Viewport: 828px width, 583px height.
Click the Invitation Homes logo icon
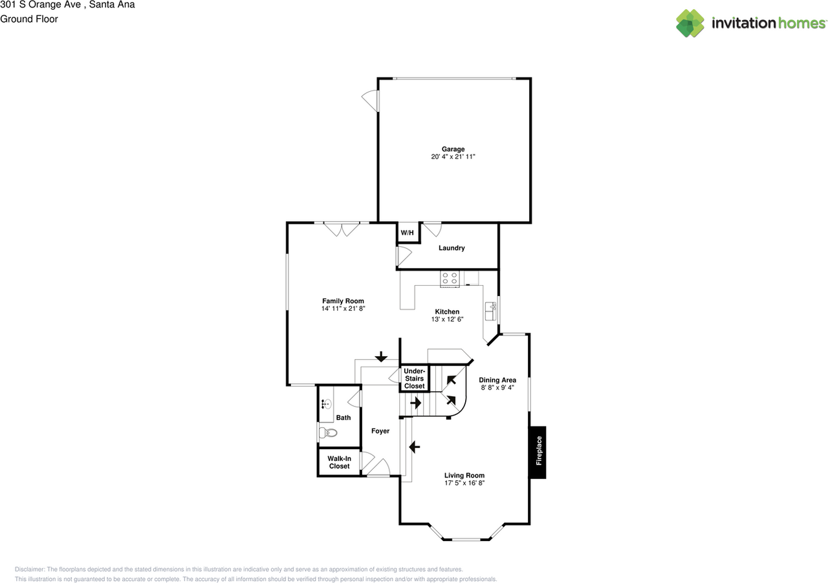click(690, 23)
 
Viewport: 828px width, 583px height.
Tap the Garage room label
click(453, 149)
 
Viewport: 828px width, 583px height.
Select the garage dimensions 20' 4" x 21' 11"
click(453, 157)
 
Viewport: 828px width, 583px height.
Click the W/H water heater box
click(408, 233)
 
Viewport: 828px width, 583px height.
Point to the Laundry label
click(452, 248)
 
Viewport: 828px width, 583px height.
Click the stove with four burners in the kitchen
click(450, 279)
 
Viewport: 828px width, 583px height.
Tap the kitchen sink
click(490, 312)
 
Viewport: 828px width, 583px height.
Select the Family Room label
click(343, 301)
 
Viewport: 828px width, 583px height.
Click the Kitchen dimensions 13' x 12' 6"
click(447, 319)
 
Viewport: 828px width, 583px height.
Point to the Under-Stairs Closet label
click(415, 378)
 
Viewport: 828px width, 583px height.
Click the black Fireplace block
click(538, 452)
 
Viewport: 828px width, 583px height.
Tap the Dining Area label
click(497, 380)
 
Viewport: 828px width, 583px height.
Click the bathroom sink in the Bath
click(327, 405)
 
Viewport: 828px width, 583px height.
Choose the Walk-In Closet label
click(339, 462)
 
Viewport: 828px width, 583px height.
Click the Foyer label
click(380, 431)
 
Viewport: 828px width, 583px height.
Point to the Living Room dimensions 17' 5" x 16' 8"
click(464, 483)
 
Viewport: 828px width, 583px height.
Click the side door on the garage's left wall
click(371, 100)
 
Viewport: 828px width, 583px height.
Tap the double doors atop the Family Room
click(342, 229)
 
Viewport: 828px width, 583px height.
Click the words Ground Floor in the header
click(29, 19)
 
